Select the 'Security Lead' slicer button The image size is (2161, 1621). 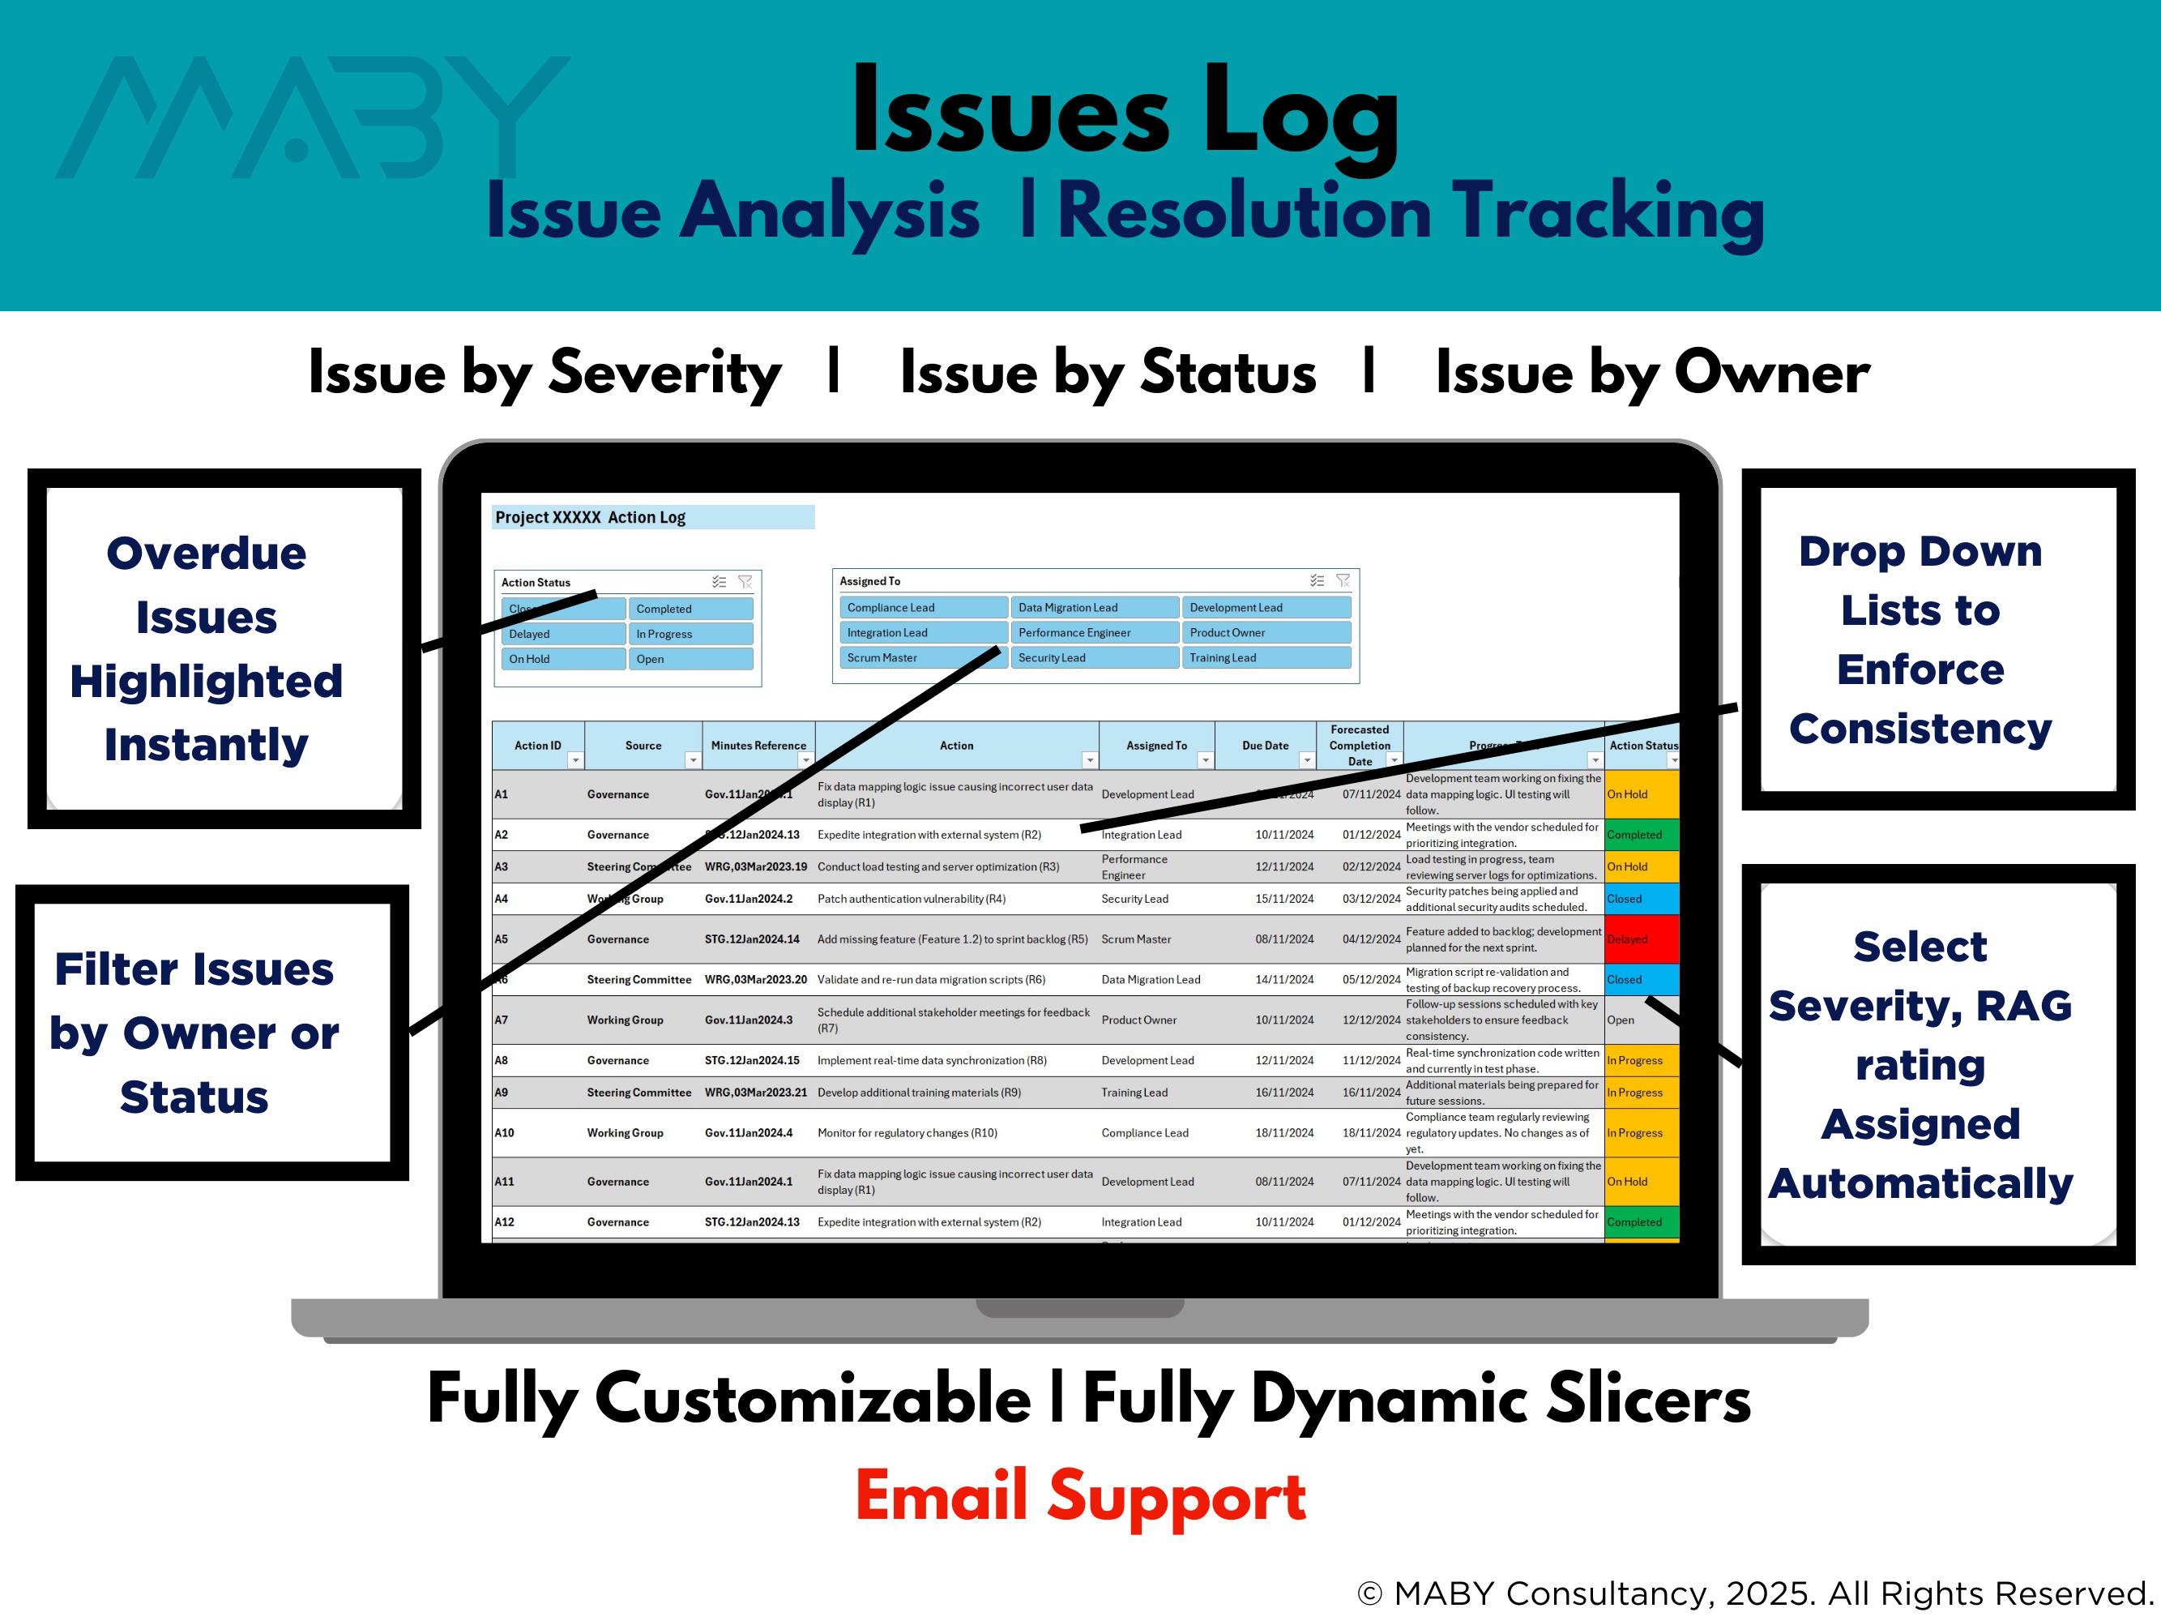coord(1094,657)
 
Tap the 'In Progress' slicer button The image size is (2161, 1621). coord(690,634)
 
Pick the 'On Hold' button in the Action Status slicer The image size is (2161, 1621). coord(562,660)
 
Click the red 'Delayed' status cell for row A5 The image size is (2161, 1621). coord(1642,939)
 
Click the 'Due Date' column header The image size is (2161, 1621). coord(1264,746)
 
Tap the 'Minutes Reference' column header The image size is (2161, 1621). coord(758,746)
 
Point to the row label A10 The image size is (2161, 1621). coord(504,1133)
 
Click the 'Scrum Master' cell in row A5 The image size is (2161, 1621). coord(1135,939)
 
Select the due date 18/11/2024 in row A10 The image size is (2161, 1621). coord(1283,1133)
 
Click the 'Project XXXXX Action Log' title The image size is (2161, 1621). coord(590,518)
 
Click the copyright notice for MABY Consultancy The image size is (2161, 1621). coord(1754,1593)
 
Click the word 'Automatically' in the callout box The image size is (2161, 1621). coord(1920,1183)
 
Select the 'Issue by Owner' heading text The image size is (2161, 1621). coord(1652,374)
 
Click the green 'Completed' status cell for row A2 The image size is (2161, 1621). coord(1642,836)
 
